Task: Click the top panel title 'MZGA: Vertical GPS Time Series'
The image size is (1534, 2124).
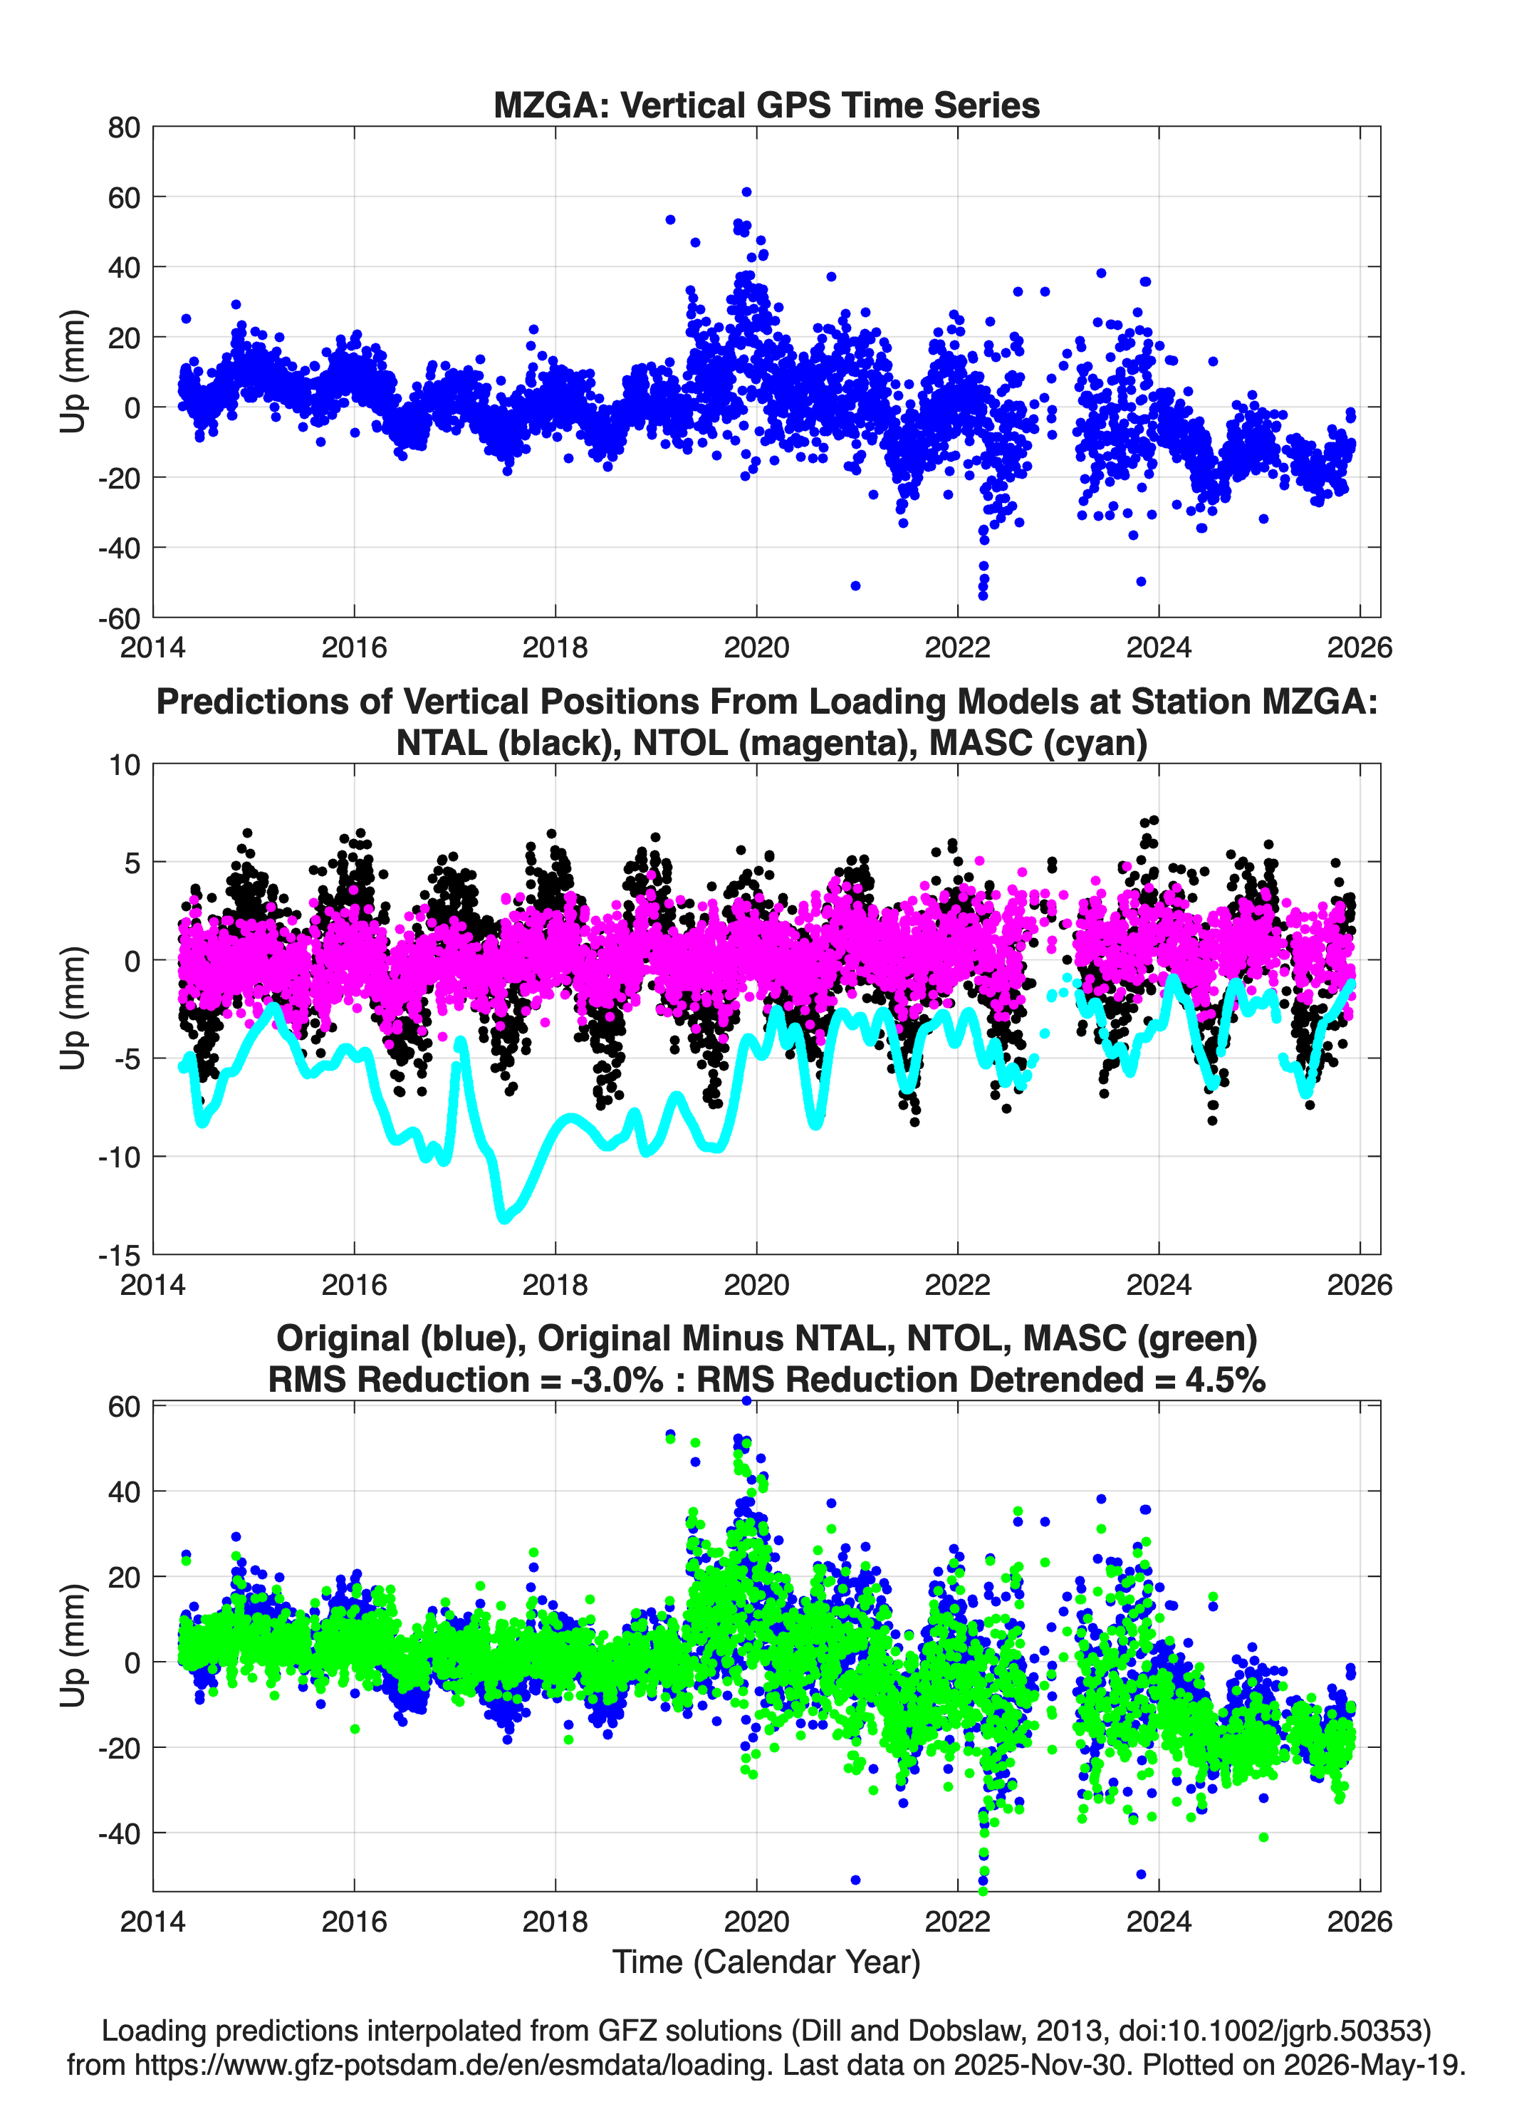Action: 766,105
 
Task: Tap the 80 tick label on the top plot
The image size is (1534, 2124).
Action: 124,127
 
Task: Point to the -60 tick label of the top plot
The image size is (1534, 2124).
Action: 119,618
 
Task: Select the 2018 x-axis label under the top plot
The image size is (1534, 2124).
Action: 555,647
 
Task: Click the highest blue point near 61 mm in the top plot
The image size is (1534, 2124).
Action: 746,192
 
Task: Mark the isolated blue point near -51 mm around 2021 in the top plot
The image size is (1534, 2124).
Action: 855,586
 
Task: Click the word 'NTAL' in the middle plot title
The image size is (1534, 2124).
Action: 443,743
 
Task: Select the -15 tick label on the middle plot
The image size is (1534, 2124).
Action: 119,1255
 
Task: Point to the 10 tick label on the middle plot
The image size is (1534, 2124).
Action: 125,765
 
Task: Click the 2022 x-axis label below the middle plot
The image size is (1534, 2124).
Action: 957,1284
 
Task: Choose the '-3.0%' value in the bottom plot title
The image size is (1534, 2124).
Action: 617,1380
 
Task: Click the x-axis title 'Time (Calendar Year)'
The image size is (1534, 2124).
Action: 766,1961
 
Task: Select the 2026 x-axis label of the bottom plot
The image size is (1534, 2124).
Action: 1360,1921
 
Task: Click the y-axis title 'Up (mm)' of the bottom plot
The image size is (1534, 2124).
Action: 73,1645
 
